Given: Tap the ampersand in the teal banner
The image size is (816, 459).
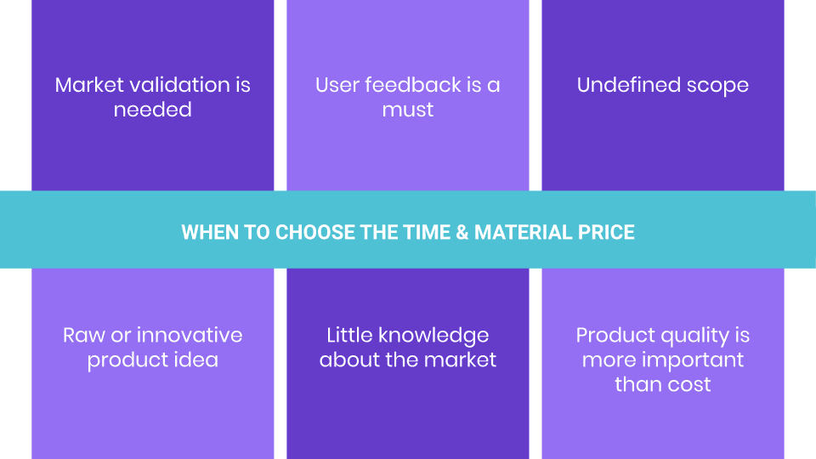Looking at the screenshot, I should pyautogui.click(x=462, y=232).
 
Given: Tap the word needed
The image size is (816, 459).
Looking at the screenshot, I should pyautogui.click(x=153, y=110).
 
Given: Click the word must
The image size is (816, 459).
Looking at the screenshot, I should pyautogui.click(x=408, y=110).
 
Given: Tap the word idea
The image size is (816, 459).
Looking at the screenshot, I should pyautogui.click(x=192, y=360).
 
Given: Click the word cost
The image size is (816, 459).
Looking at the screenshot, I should pyautogui.click(x=688, y=384).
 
